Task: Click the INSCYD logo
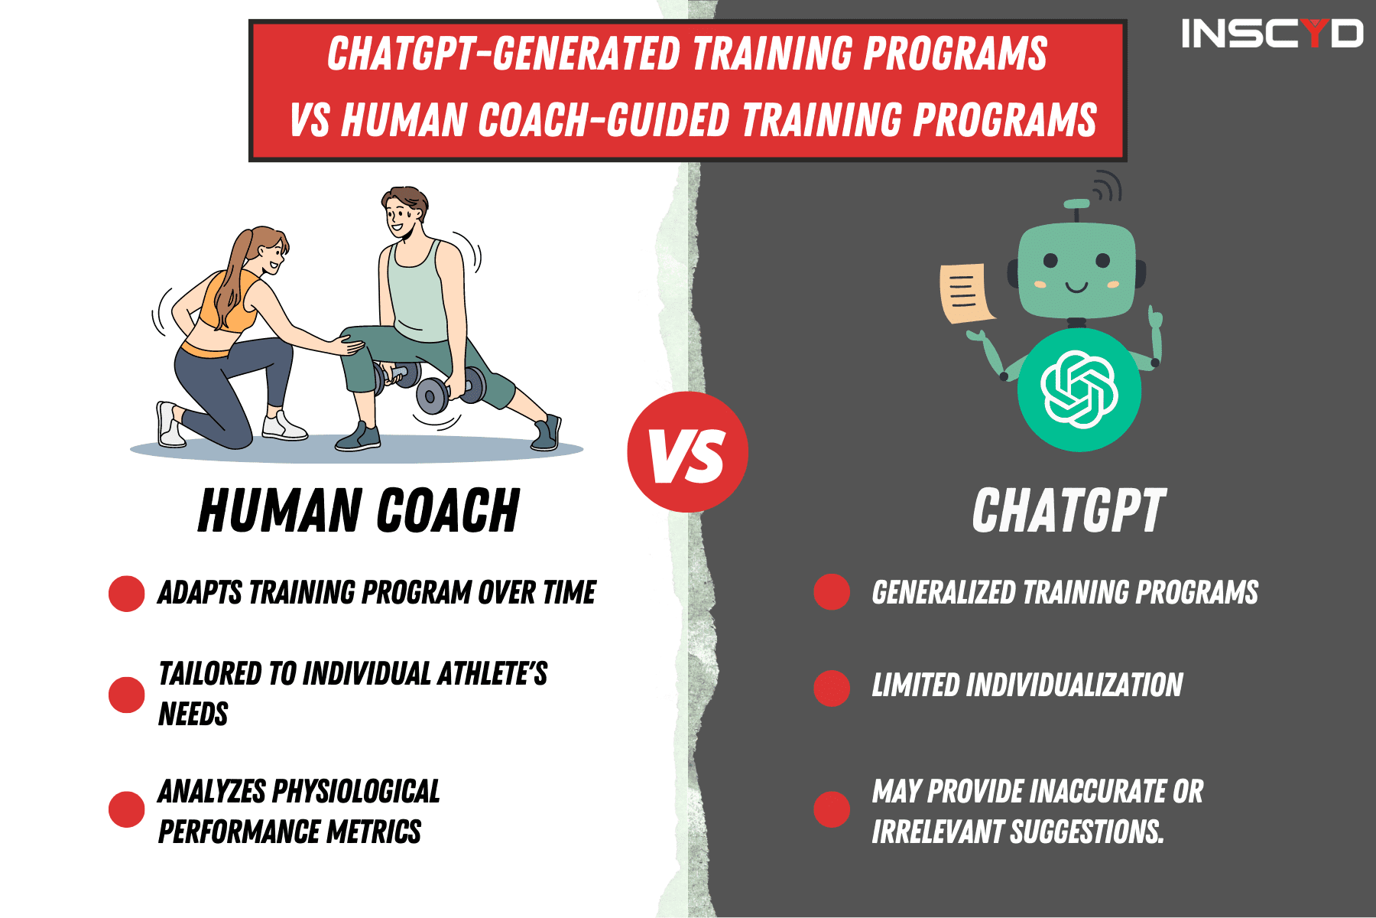(x=1271, y=34)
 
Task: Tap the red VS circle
(x=687, y=452)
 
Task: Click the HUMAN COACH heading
(x=359, y=511)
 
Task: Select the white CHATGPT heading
(x=1068, y=511)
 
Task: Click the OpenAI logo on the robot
(x=1079, y=389)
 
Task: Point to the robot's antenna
(x=1077, y=207)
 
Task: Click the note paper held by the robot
(x=965, y=293)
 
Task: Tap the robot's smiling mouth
(x=1076, y=288)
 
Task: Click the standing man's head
(x=404, y=212)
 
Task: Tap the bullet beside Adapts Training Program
(x=127, y=594)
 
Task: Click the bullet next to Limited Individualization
(x=832, y=687)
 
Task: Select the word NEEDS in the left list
(x=193, y=715)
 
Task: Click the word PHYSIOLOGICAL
(x=355, y=792)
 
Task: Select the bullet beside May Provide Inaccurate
(x=832, y=809)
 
